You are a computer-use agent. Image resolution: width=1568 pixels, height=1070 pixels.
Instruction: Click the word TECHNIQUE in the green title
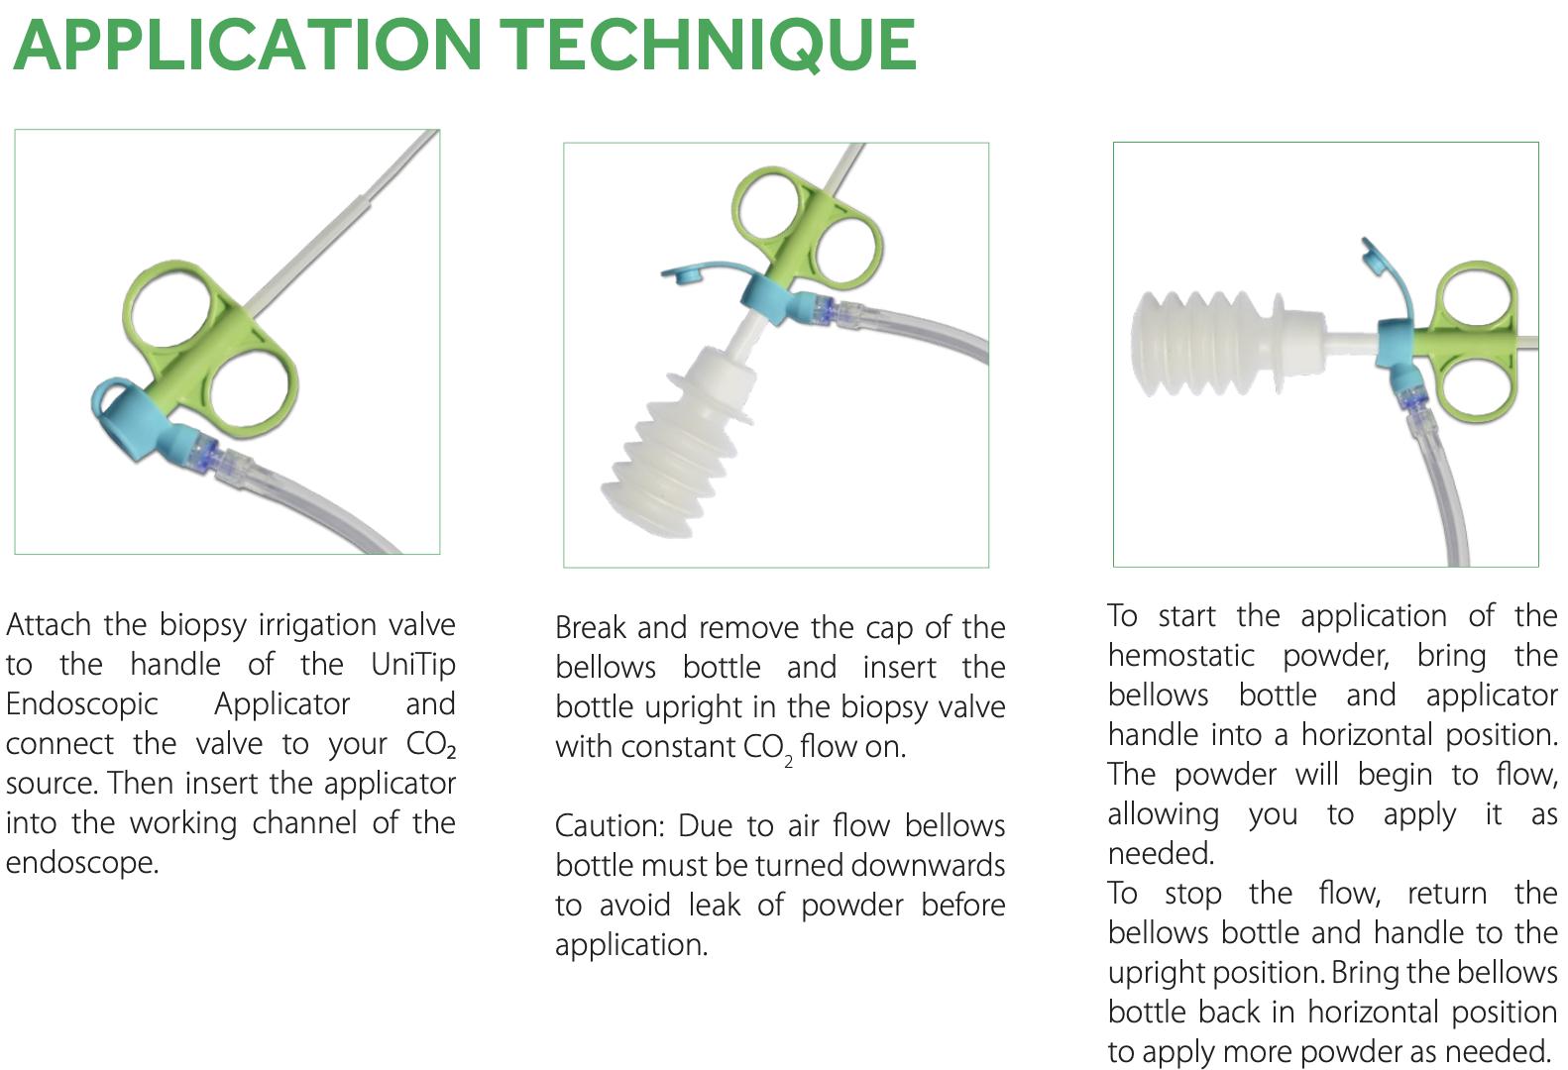(708, 46)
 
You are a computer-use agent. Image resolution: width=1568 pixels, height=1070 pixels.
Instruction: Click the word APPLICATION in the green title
(248, 46)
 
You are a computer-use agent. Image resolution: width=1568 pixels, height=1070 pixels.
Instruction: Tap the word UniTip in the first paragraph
(413, 664)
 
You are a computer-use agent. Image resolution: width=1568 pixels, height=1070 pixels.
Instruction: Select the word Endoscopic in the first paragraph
(81, 703)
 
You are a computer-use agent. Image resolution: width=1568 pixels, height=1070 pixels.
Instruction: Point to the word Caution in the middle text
(609, 825)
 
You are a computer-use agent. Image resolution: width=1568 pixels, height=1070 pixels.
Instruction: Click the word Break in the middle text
(590, 627)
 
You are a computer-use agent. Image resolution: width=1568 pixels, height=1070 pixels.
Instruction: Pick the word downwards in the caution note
(928, 865)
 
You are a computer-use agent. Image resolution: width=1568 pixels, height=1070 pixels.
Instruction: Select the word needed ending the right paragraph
(1497, 1051)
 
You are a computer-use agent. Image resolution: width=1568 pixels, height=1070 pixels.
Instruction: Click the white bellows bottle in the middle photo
(674, 436)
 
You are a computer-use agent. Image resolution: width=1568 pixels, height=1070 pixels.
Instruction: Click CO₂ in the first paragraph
(430, 745)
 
